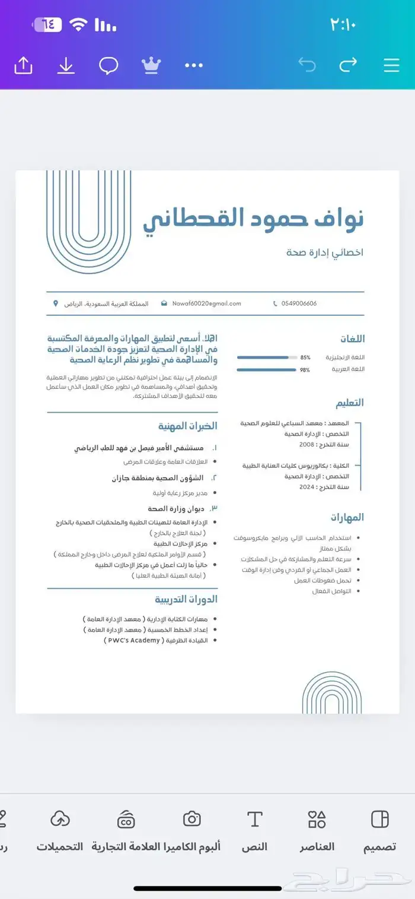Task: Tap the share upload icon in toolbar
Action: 23,65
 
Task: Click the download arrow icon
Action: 66,65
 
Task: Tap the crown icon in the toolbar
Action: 151,65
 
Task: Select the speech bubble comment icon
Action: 108,65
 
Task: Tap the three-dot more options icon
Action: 194,65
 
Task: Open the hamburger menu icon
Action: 391,65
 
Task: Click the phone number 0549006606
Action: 299,303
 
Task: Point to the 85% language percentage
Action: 305,357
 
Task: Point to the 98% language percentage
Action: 305,370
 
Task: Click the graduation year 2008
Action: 307,444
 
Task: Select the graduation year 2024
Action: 307,487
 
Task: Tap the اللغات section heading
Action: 352,339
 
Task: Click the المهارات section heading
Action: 347,517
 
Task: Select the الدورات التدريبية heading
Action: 186,599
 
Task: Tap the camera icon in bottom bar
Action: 191,819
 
